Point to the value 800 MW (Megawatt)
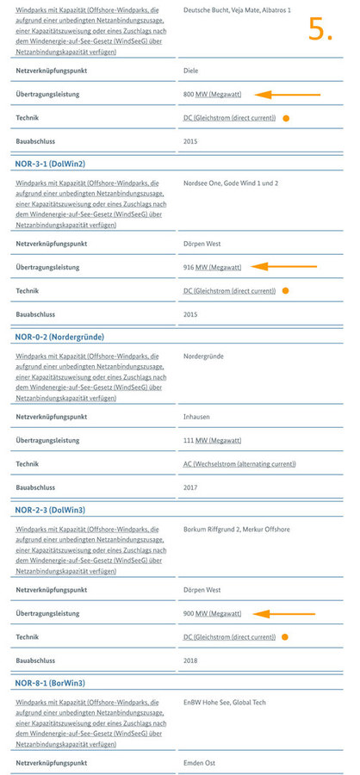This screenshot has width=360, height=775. (x=213, y=94)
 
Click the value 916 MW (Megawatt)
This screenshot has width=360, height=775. (x=213, y=268)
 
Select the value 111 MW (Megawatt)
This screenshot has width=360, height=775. (x=212, y=441)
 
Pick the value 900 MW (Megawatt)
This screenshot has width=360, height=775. (x=213, y=614)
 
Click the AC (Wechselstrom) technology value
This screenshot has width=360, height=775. (x=239, y=463)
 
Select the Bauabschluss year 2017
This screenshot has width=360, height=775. (x=191, y=487)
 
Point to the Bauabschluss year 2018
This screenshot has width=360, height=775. (x=191, y=660)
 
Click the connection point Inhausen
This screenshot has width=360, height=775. (x=197, y=418)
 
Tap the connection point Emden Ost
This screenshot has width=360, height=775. (x=200, y=764)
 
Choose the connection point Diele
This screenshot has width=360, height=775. (x=191, y=71)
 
